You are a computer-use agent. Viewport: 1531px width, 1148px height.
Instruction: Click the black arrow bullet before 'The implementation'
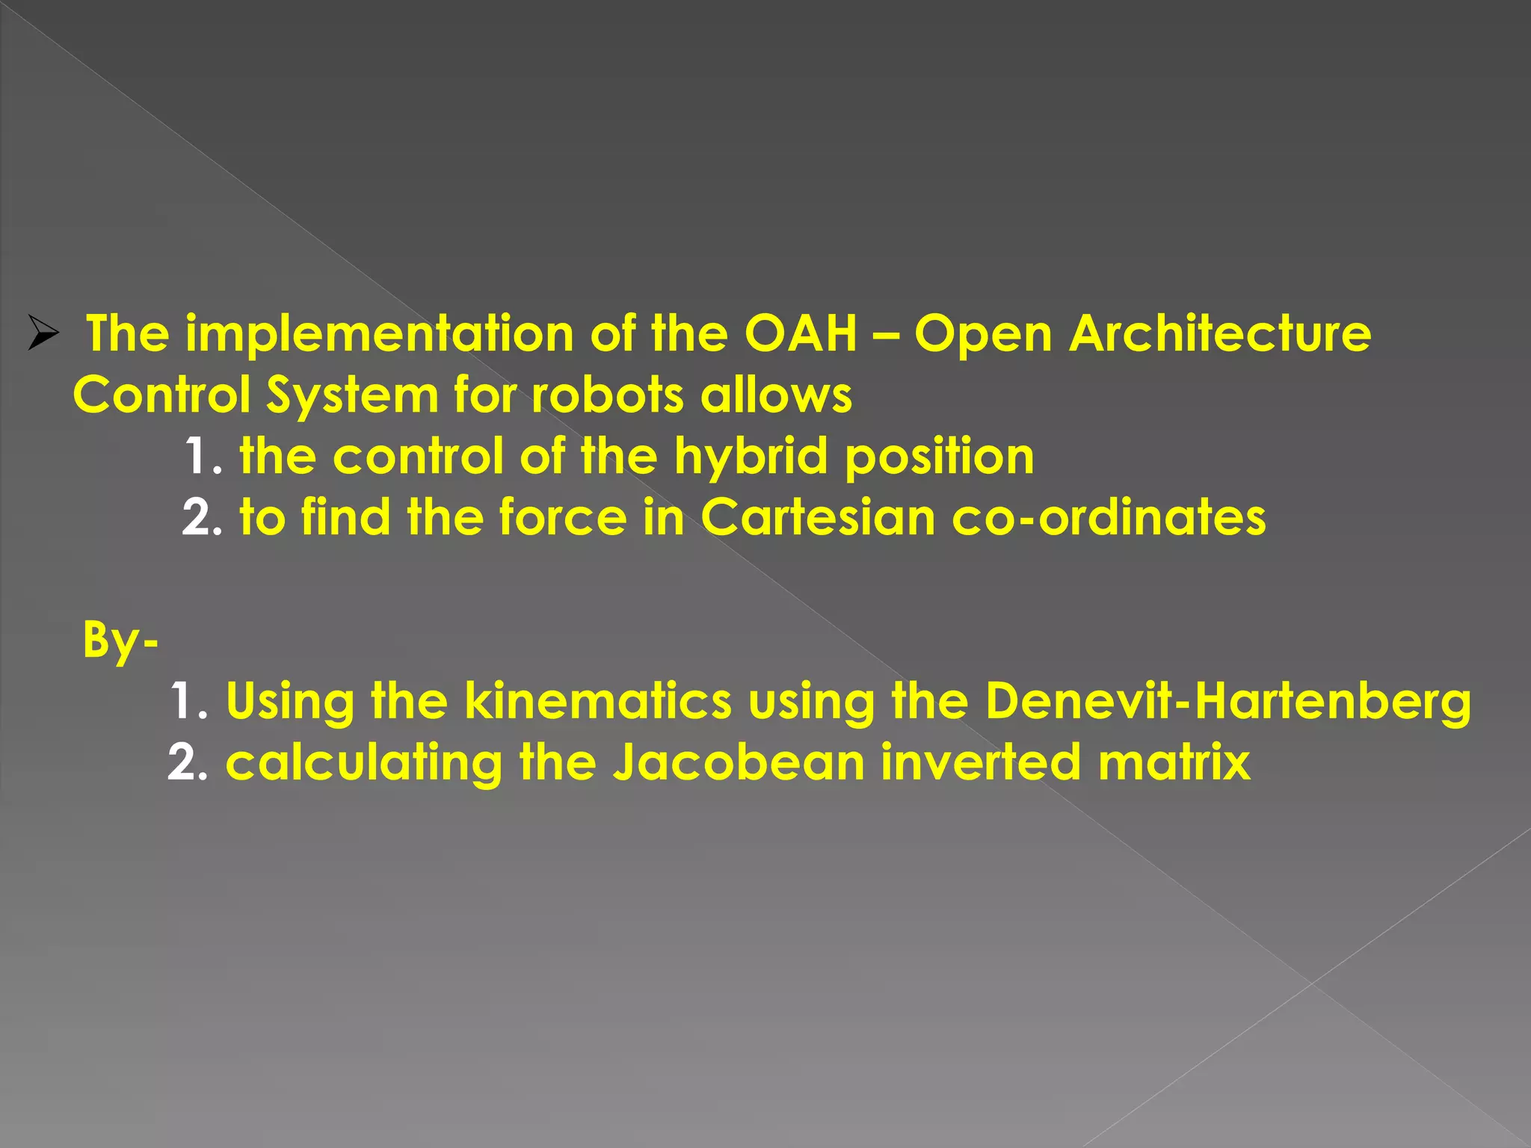pos(43,333)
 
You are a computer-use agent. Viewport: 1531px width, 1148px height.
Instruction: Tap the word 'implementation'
pos(379,333)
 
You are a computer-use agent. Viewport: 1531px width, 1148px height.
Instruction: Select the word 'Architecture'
pos(1219,333)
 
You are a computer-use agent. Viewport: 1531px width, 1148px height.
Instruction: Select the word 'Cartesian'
pos(818,517)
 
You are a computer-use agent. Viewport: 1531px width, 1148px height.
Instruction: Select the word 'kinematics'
pos(598,702)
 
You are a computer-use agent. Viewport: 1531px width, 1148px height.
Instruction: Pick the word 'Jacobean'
pos(739,763)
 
